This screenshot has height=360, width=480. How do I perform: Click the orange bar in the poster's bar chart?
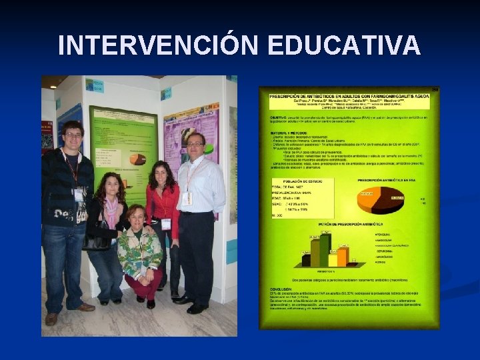tap(343, 256)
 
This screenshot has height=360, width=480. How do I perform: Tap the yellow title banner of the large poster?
tap(349, 99)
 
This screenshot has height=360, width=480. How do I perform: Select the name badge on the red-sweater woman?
tap(165, 224)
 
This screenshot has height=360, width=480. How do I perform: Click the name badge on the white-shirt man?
tap(187, 198)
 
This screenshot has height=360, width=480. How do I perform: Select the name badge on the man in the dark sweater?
tap(79, 195)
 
